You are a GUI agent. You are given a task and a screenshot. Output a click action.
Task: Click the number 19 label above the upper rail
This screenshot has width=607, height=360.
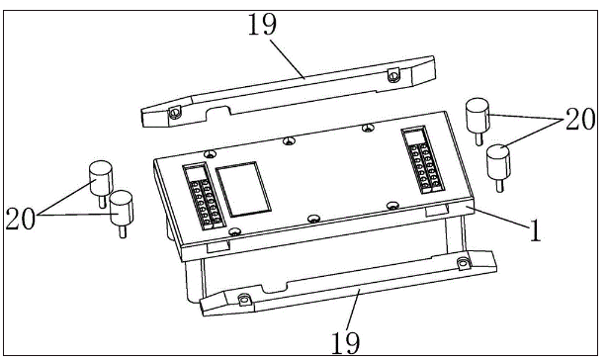pyautogui.click(x=262, y=24)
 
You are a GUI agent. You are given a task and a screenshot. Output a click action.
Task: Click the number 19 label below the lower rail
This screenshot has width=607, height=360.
pyautogui.click(x=346, y=342)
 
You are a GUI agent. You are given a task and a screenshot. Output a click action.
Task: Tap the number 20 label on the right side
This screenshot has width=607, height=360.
pyautogui.click(x=580, y=119)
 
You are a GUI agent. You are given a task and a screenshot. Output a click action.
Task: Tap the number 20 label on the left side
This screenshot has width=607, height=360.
pyautogui.click(x=20, y=219)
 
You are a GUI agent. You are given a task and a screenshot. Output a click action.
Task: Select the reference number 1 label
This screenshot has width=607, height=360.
pyautogui.click(x=536, y=230)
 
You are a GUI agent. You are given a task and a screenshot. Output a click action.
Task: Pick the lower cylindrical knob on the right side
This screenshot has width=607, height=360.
pyautogui.click(x=498, y=161)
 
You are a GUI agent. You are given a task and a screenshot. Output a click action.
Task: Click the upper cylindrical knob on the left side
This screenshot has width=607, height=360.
pyautogui.click(x=101, y=178)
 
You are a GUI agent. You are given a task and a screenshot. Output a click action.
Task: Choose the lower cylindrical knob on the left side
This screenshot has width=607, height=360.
pyautogui.click(x=122, y=207)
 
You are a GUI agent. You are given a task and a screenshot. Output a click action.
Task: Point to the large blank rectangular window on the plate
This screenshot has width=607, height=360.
pyautogui.click(x=243, y=189)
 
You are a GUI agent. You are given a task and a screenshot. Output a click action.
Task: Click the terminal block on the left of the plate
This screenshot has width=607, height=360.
pyautogui.click(x=204, y=197)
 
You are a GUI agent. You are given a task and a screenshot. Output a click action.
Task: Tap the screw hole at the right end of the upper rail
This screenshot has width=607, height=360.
pyautogui.click(x=393, y=76)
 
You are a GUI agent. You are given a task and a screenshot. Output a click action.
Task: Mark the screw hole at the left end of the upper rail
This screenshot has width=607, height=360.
pyautogui.click(x=175, y=113)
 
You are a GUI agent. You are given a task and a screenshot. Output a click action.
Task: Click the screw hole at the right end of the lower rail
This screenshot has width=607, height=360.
pyautogui.click(x=463, y=264)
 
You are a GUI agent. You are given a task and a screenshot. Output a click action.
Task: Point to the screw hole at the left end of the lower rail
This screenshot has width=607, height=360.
pyautogui.click(x=243, y=300)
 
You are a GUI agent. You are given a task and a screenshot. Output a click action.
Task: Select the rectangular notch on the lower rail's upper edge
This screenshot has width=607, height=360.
pyautogui.click(x=274, y=288)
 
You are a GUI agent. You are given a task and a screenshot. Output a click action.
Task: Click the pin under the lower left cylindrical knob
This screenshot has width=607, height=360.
pyautogui.click(x=123, y=231)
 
